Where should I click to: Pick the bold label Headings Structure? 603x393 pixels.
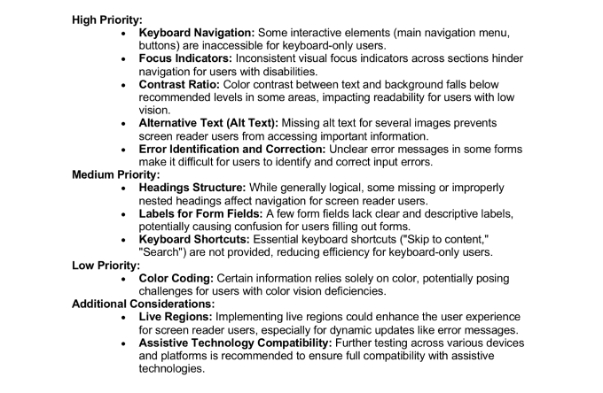200,188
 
